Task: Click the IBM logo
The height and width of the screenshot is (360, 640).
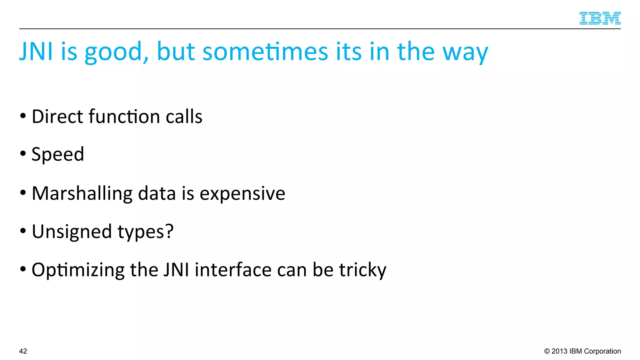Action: [600, 18]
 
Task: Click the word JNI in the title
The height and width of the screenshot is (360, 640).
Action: [36, 51]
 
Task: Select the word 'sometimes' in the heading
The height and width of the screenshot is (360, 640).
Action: [265, 51]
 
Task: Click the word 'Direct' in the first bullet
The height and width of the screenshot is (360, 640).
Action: [57, 117]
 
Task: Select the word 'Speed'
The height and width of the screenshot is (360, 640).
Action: [58, 154]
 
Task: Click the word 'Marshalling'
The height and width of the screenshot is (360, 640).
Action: [82, 193]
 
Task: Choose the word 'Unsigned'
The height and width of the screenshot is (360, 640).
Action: [72, 232]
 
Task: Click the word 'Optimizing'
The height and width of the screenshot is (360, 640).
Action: [78, 270]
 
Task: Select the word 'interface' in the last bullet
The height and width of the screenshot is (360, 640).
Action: [233, 270]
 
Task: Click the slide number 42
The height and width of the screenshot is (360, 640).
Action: [23, 351]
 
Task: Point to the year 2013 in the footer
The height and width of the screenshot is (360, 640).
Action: [559, 351]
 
